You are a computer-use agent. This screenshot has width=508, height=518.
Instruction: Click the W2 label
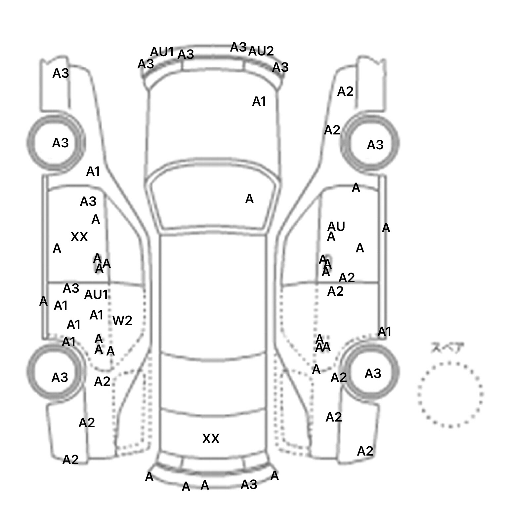click(122, 320)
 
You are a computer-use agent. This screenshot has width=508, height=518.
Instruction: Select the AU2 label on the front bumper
click(261, 51)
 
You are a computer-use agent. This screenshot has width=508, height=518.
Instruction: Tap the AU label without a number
click(336, 227)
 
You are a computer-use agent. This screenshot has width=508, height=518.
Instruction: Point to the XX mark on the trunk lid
click(211, 439)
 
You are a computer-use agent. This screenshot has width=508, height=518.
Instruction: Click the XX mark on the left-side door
click(79, 237)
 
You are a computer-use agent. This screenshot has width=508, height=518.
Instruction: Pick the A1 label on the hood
click(259, 102)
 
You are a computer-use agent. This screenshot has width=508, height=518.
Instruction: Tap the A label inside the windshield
click(249, 199)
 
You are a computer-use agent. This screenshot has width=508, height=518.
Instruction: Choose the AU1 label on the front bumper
click(162, 52)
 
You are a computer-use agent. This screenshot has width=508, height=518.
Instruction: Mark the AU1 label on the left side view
click(96, 295)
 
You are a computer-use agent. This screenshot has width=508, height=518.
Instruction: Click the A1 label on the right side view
click(384, 332)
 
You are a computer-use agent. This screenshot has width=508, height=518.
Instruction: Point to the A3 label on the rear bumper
click(249, 485)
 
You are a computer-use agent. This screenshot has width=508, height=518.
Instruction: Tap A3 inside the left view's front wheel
click(60, 143)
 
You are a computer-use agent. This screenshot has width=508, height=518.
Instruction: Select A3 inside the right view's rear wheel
click(373, 374)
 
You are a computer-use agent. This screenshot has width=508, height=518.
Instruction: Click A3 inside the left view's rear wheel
click(60, 377)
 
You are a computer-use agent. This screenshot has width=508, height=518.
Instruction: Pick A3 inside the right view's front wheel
click(375, 145)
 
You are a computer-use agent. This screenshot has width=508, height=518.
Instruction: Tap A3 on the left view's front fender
click(61, 73)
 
